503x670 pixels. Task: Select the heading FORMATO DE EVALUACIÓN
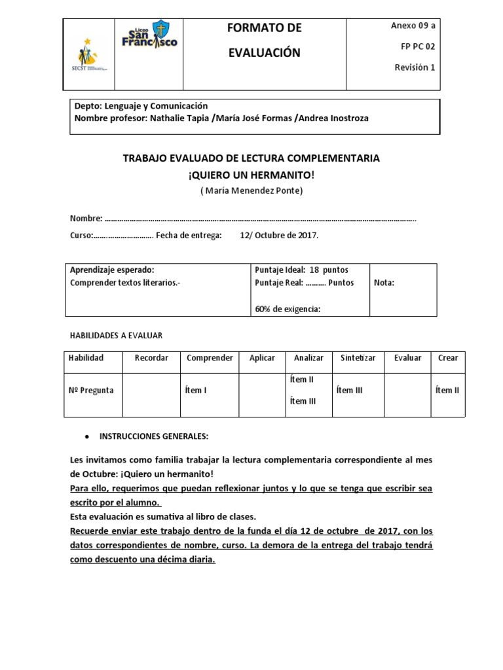tap(264, 40)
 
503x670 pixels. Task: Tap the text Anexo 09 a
tap(413, 26)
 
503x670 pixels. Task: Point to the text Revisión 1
tap(415, 67)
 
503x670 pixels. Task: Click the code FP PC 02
tap(415, 46)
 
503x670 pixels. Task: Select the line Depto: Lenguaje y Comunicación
tap(141, 105)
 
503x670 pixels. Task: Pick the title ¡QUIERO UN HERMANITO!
tap(251, 175)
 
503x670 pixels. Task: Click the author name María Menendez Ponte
tap(251, 191)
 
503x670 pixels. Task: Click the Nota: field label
tap(384, 283)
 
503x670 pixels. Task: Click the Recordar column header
tap(151, 358)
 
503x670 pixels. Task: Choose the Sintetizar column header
tap(358, 358)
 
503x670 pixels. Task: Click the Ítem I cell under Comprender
tap(196, 390)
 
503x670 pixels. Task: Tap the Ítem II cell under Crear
tap(447, 390)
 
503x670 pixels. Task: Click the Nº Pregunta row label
tap(91, 390)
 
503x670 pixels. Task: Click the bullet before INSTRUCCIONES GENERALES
tap(88, 436)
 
